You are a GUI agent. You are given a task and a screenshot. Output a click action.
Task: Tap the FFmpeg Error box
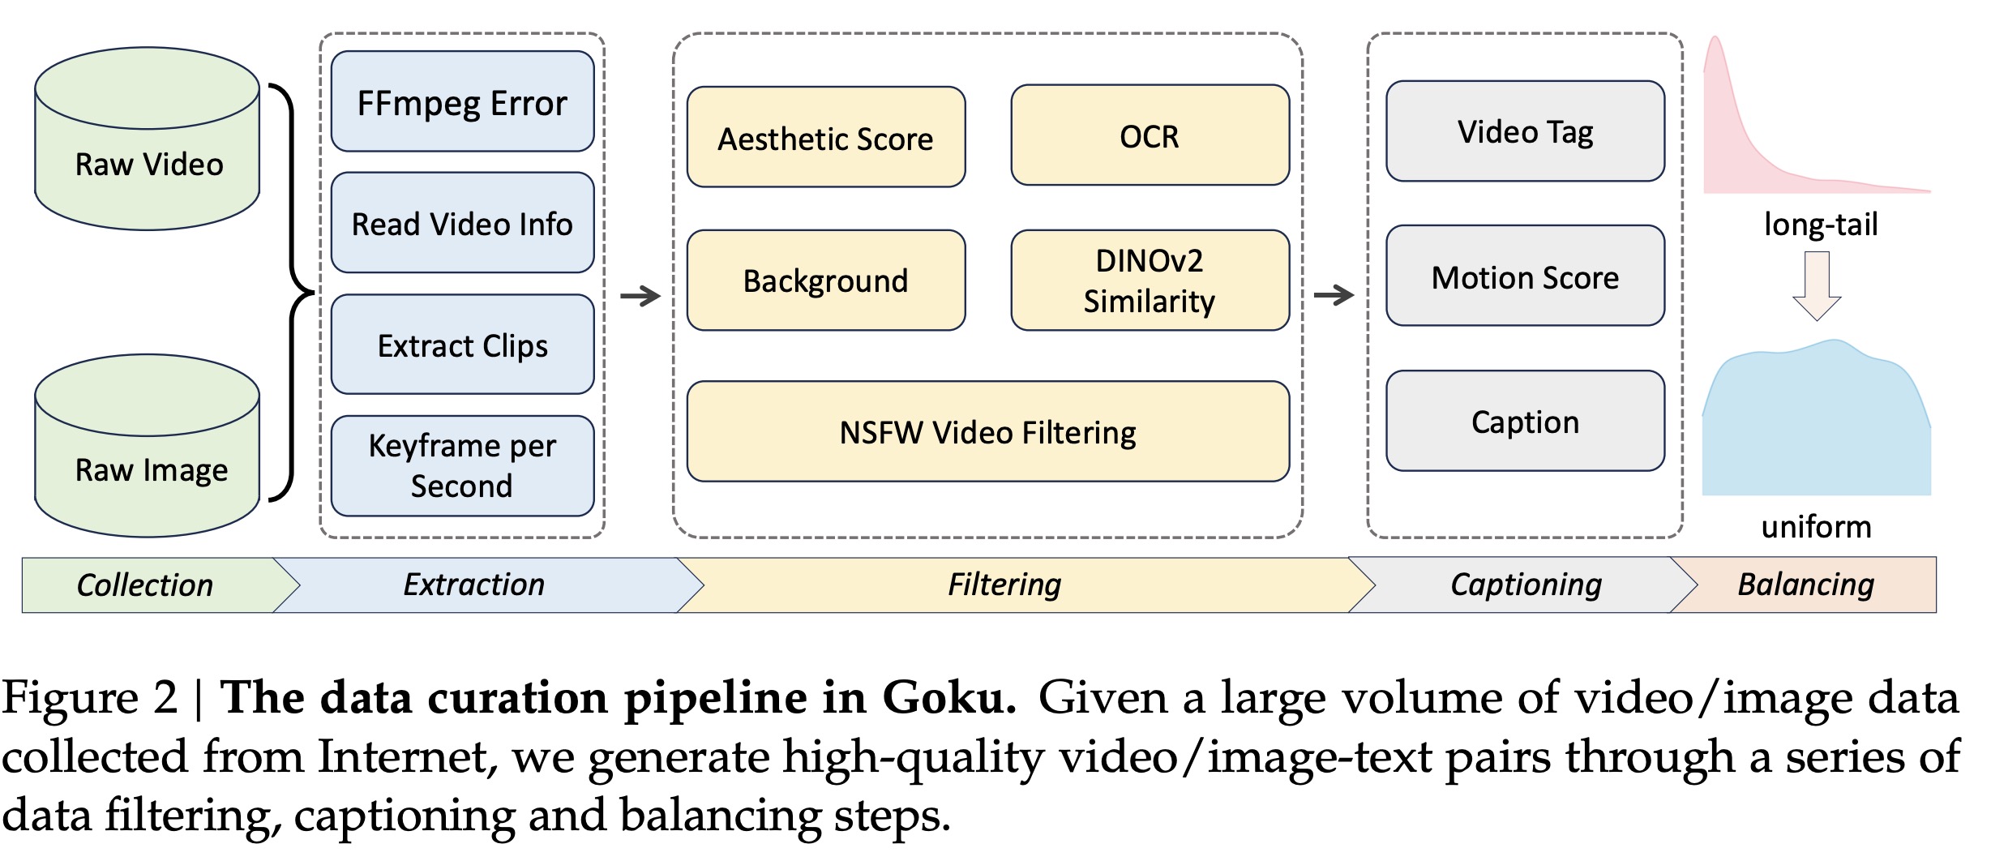pos(462,102)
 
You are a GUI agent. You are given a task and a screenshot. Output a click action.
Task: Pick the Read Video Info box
pos(462,223)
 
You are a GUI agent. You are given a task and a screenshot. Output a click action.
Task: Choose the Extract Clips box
pos(462,345)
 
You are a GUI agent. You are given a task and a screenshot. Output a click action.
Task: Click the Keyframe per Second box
pos(462,465)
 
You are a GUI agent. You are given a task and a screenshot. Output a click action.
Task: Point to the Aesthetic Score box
pos(825,138)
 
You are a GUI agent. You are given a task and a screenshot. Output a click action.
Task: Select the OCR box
pos(1150,135)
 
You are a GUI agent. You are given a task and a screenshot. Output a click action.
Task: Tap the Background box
pos(825,281)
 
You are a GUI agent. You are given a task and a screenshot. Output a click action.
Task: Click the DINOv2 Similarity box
pos(1150,281)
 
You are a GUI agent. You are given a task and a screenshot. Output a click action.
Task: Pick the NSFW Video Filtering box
pos(987,431)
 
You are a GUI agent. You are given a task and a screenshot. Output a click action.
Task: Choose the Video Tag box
pos(1525,131)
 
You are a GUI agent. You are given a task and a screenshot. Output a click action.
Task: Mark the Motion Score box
pos(1525,276)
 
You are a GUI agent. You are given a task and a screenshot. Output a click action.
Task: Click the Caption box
pos(1525,422)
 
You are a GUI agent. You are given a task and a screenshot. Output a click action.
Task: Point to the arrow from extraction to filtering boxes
pos(640,296)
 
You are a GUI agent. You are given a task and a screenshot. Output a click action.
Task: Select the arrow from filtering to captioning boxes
pos(1334,295)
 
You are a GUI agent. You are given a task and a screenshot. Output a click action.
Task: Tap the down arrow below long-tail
pos(1817,286)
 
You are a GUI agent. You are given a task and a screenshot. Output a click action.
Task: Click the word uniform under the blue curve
pos(1817,527)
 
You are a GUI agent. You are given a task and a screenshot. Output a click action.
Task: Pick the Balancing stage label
pos(1806,585)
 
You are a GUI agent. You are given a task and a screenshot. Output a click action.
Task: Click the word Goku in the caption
pos(948,697)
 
